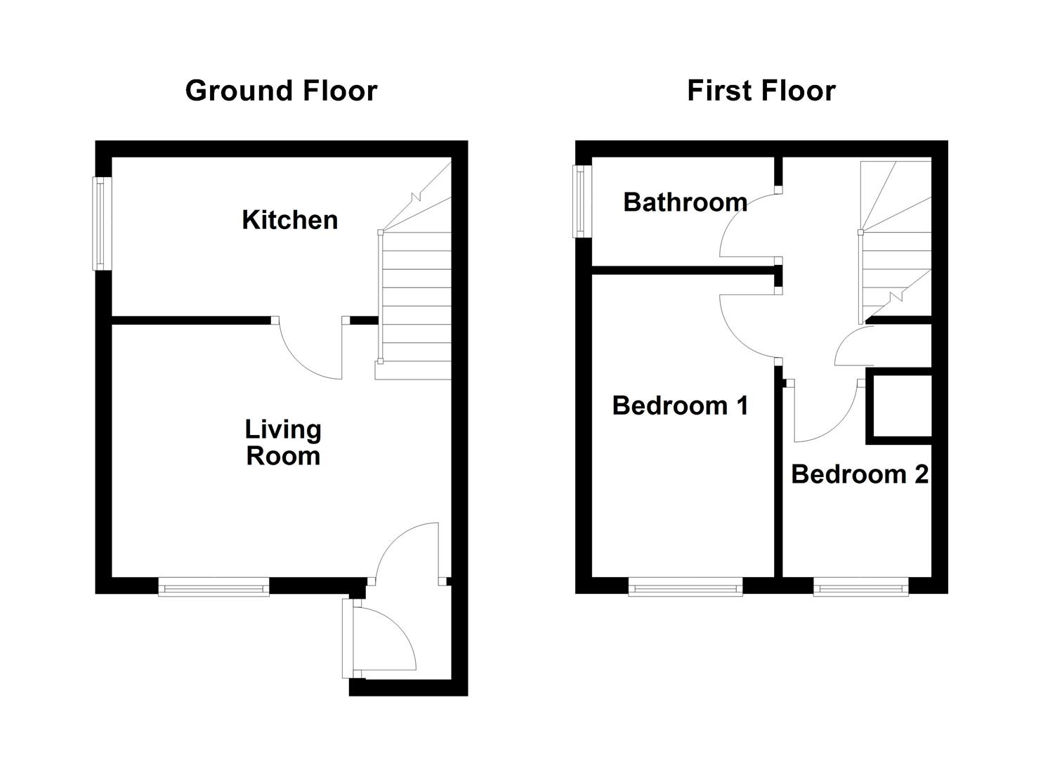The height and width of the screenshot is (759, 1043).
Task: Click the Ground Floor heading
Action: [281, 91]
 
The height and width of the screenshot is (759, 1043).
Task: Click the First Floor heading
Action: [761, 91]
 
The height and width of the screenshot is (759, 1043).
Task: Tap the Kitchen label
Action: [289, 220]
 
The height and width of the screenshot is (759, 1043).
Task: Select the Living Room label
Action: [283, 443]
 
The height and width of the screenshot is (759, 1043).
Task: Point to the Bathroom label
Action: [685, 202]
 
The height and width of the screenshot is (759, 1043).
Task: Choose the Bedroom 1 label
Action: [680, 406]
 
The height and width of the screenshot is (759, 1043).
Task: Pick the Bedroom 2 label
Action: [860, 474]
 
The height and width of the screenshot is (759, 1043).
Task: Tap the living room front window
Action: [214, 587]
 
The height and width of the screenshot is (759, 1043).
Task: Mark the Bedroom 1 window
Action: [685, 587]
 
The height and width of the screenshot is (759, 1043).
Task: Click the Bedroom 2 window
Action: [860, 587]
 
